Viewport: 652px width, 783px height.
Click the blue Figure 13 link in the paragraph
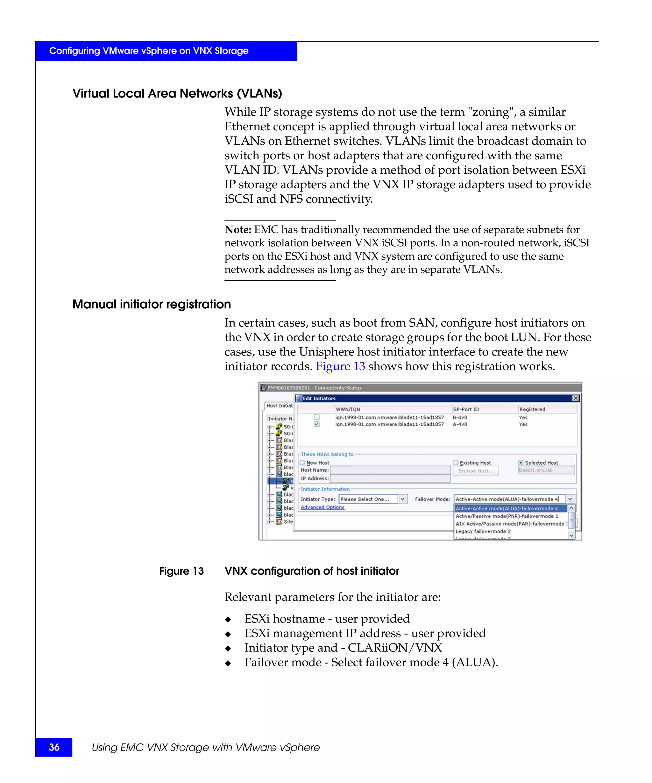[340, 367]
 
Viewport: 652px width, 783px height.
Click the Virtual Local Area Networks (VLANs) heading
[177, 93]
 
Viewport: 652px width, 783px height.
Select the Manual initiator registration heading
[151, 304]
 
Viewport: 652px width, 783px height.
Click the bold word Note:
[238, 230]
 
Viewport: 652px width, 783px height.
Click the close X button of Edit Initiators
[575, 398]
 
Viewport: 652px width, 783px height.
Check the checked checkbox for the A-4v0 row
[317, 424]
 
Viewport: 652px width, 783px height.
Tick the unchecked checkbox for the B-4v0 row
[317, 417]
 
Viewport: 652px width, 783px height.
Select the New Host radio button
[302, 463]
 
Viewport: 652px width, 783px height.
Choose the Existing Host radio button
[455, 463]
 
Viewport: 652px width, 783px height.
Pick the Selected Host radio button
[521, 463]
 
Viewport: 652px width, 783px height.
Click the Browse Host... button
[475, 471]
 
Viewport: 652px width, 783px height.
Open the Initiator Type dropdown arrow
[402, 499]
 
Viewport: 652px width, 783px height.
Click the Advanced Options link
[322, 507]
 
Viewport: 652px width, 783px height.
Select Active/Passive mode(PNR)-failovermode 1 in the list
[507, 516]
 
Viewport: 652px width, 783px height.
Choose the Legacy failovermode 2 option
[483, 531]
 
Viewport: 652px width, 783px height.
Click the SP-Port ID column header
[466, 409]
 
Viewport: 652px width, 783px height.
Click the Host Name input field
[390, 470]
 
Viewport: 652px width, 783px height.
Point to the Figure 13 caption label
[181, 571]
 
